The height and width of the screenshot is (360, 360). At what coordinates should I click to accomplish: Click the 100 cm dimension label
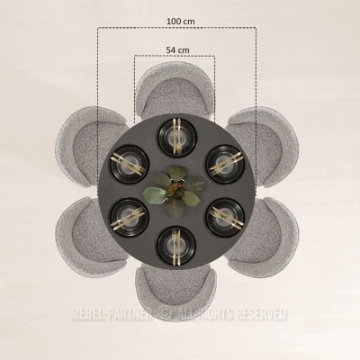pyautogui.click(x=181, y=22)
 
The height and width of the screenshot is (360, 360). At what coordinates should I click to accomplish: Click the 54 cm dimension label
pyautogui.click(x=178, y=50)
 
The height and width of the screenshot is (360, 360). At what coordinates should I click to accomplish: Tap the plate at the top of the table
pyautogui.click(x=177, y=138)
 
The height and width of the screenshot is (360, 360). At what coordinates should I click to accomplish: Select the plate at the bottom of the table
pyautogui.click(x=176, y=246)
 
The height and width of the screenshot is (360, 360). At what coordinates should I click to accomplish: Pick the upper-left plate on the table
pyautogui.click(x=130, y=165)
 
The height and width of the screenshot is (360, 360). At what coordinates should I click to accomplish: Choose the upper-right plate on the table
pyautogui.click(x=225, y=165)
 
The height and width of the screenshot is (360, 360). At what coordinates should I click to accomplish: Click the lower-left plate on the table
pyautogui.click(x=130, y=218)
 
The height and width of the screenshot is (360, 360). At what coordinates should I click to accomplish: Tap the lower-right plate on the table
pyautogui.click(x=225, y=218)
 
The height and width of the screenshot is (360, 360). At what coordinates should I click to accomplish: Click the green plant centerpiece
pyautogui.click(x=175, y=191)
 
